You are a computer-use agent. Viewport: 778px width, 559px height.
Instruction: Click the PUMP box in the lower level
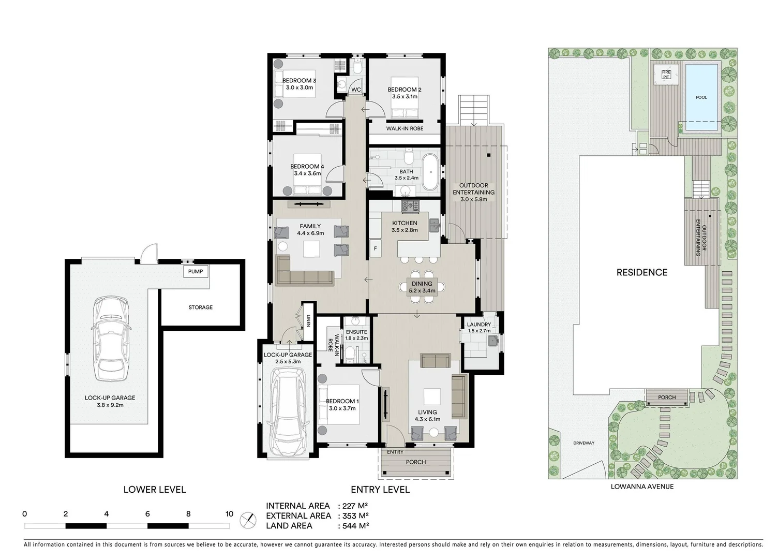click(x=196, y=272)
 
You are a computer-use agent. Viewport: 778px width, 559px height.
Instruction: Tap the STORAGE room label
click(x=200, y=307)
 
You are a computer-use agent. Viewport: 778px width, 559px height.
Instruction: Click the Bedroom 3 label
click(x=299, y=81)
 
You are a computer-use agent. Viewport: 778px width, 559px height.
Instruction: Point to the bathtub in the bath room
click(x=429, y=171)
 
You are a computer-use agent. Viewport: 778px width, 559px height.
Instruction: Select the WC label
click(x=356, y=90)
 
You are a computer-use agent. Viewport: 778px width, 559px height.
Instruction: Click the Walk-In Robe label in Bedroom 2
click(x=405, y=128)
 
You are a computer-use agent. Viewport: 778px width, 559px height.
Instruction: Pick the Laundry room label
click(x=478, y=325)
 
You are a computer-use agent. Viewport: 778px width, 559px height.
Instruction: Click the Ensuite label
click(x=356, y=332)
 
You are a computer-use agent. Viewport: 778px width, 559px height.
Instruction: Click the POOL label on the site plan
click(x=701, y=97)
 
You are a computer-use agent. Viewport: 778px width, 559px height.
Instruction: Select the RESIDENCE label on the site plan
click(x=641, y=272)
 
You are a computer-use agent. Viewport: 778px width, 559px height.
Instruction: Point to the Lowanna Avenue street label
click(x=642, y=487)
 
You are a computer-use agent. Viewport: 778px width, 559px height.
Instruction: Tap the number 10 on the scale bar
click(x=229, y=514)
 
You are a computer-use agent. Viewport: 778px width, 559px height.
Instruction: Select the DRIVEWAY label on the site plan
click(x=583, y=443)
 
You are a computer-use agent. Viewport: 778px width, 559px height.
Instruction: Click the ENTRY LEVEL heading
click(x=380, y=490)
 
